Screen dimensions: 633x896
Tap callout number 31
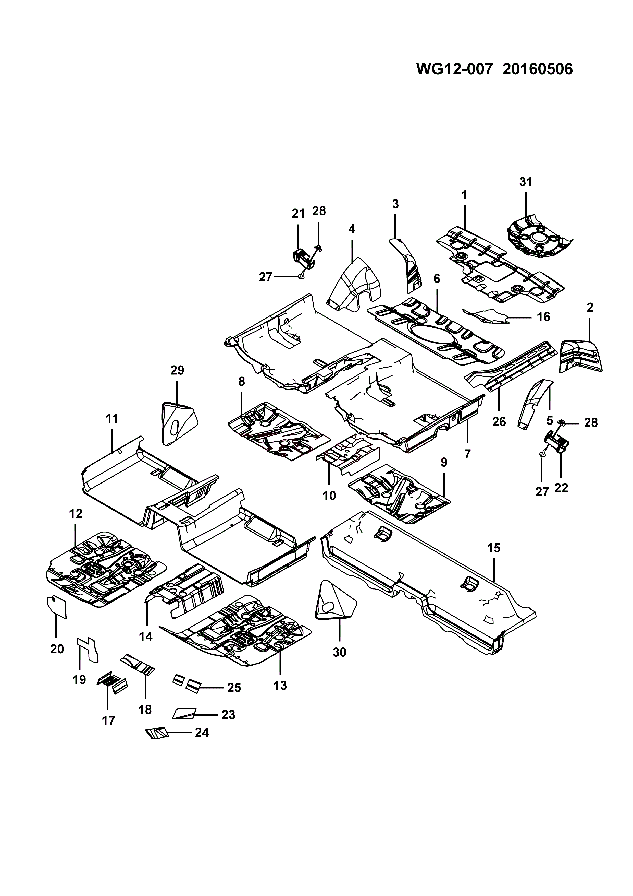pos(526,182)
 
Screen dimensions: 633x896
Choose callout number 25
pos(234,687)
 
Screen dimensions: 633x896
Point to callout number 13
pos(280,686)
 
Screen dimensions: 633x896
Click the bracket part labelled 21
pos(305,258)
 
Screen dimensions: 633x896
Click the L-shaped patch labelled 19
pos(87,649)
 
